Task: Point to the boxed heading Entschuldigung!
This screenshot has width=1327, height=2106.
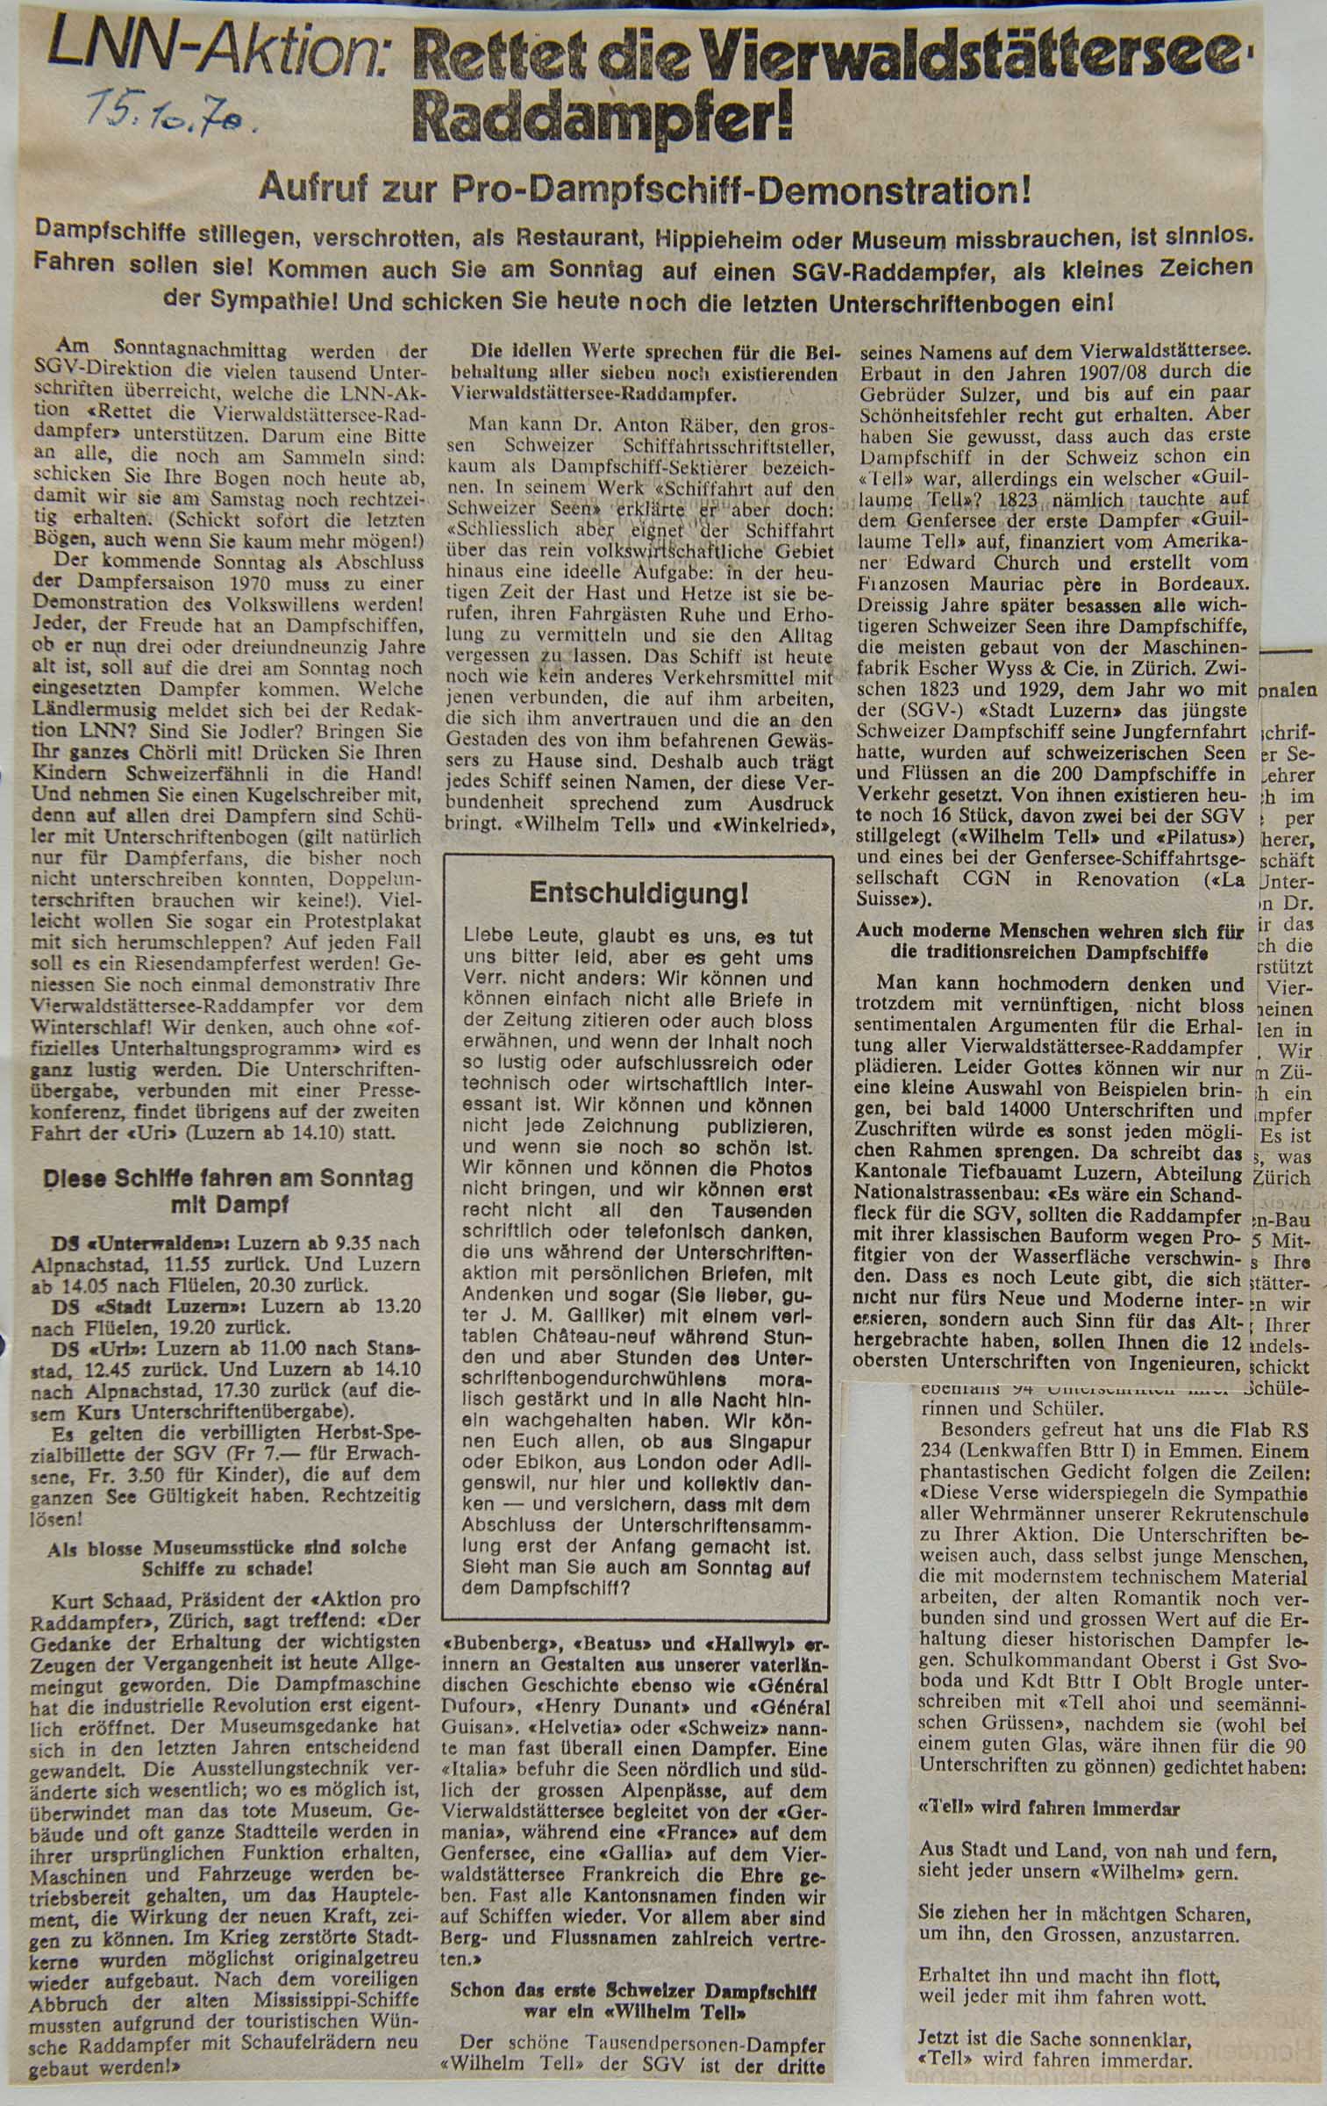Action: (x=639, y=894)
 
